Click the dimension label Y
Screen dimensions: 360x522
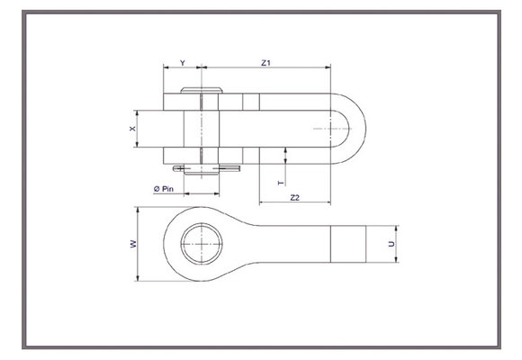[x=183, y=63]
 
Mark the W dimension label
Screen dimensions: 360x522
[x=132, y=243]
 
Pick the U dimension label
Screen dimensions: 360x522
[x=391, y=243]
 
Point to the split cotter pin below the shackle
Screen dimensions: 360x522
[x=206, y=167]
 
